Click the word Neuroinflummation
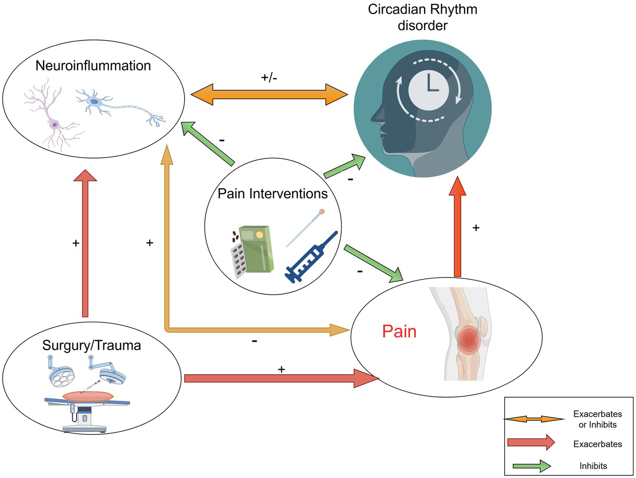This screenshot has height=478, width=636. point(93,66)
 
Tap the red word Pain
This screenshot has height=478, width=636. point(399,331)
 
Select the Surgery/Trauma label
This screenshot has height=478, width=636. point(92,346)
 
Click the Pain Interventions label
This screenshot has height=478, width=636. point(273,194)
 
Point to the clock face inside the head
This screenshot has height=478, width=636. point(428,90)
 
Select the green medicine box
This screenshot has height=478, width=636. point(256,249)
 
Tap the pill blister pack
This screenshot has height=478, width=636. point(239,261)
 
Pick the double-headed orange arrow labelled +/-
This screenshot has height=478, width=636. point(269,94)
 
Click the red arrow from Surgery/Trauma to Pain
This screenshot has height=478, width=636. point(282,378)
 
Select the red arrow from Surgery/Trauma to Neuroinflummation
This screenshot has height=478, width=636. point(85,243)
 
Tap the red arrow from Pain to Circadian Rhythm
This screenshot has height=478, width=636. point(457,226)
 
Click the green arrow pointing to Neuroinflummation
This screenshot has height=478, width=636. point(208,144)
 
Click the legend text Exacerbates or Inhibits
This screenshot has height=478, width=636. point(597,419)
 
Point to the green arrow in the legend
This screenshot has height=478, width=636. point(532,466)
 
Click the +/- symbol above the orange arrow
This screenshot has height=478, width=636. point(269,77)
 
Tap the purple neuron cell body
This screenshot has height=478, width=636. point(54,125)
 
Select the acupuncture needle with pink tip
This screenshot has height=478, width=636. point(305,228)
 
